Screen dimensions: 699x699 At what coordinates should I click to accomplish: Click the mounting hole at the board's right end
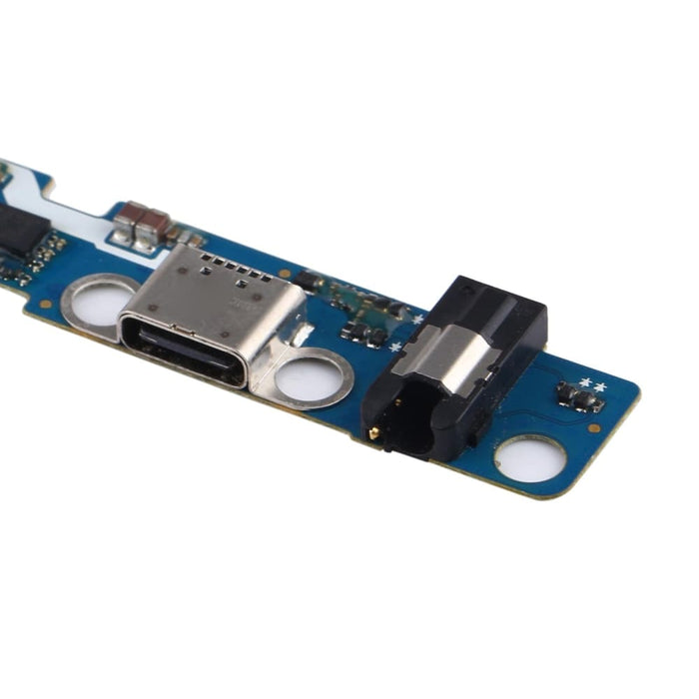530,459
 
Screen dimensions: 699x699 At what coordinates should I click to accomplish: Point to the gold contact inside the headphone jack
374,432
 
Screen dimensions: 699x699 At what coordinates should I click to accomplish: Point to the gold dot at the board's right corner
595,427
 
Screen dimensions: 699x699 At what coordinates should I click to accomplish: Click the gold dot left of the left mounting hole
46,301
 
